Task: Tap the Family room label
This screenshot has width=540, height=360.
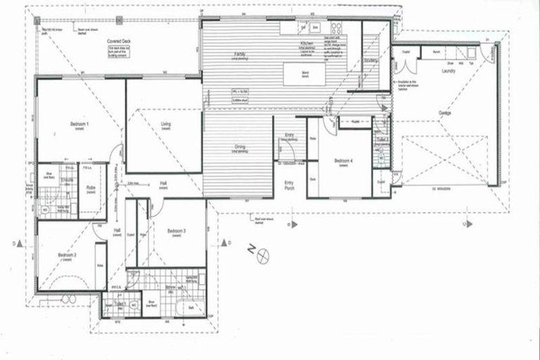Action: coord(240,54)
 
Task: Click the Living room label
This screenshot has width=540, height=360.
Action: coord(166,124)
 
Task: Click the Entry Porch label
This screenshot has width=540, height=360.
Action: coord(289,186)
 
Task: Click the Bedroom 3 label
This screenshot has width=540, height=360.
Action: coord(176,231)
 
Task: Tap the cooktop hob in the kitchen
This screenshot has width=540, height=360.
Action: coord(336,28)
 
